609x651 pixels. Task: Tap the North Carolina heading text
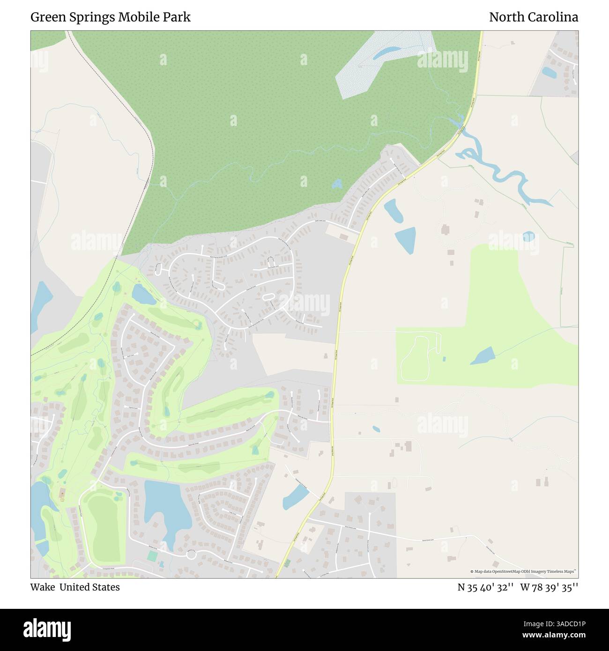click(x=533, y=17)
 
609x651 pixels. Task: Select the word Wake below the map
click(x=42, y=587)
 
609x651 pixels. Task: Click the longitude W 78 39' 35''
click(x=549, y=587)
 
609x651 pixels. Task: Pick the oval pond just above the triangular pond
click(x=393, y=211)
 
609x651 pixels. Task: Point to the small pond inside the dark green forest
click(x=337, y=184)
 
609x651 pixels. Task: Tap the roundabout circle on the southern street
click(x=191, y=555)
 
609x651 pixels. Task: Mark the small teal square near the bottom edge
click(x=152, y=556)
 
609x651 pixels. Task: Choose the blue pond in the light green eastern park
click(x=483, y=356)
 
